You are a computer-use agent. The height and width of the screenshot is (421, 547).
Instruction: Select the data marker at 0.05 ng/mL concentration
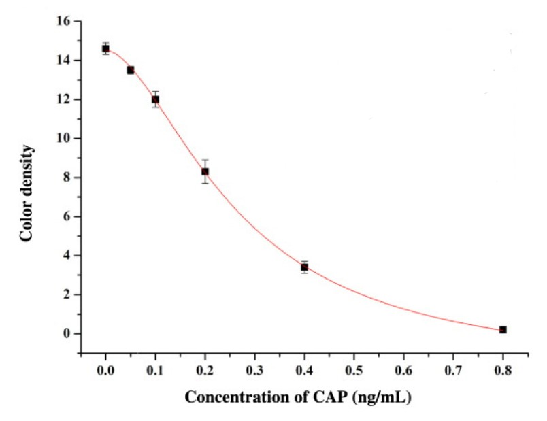pos(131,70)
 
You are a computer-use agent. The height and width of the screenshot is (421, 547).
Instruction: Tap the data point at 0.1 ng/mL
pos(155,99)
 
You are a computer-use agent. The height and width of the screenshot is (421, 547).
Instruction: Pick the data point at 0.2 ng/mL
pos(205,171)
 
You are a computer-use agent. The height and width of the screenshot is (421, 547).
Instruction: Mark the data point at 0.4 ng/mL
pos(304,267)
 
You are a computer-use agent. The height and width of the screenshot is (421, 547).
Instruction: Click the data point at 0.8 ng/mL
pos(503,329)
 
